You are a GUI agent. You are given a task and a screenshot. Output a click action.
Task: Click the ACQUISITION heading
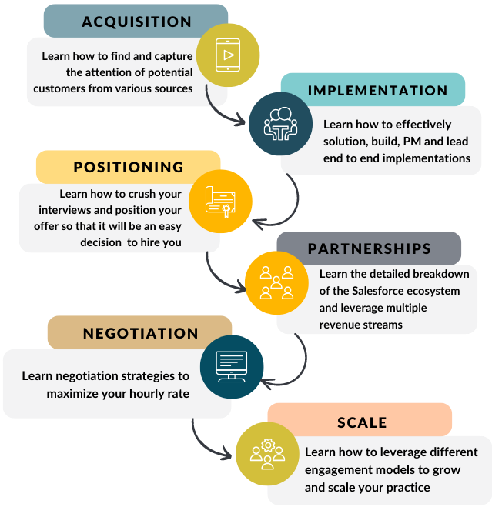pyautogui.click(x=136, y=21)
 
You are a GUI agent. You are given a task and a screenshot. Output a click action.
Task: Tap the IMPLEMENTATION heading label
pyautogui.click(x=377, y=91)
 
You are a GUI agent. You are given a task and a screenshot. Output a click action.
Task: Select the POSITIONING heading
pyautogui.click(x=129, y=167)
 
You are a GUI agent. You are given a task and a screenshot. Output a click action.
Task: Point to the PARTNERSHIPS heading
pyautogui.click(x=369, y=249)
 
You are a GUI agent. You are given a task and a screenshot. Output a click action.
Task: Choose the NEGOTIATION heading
pyautogui.click(x=140, y=333)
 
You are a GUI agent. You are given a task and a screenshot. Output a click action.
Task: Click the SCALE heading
pyautogui.click(x=362, y=422)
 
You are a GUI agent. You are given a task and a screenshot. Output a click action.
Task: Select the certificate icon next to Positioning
pyautogui.click(x=220, y=202)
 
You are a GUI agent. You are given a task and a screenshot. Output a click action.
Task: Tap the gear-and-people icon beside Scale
pyautogui.click(x=267, y=453)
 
